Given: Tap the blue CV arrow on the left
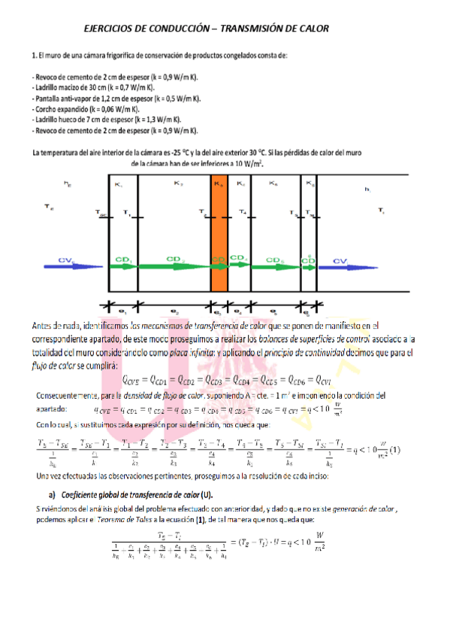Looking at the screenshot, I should [72, 262].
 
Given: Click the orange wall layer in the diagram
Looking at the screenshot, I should [219, 233].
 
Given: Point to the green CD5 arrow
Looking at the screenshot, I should [276, 263].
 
